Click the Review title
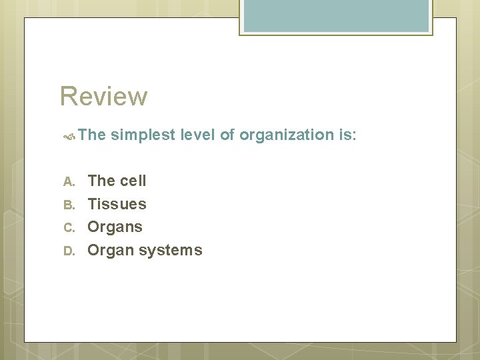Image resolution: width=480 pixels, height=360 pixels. (103, 96)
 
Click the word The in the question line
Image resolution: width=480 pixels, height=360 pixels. (92, 135)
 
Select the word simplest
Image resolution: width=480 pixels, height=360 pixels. (141, 135)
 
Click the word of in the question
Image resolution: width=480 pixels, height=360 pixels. (227, 135)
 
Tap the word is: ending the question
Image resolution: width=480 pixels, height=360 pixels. (347, 135)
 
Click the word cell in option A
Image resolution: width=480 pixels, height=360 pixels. (133, 181)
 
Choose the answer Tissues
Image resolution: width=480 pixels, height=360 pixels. (117, 204)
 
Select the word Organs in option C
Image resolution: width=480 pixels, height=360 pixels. (115, 227)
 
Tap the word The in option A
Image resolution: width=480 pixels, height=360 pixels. (101, 181)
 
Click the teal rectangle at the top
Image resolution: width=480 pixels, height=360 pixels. (335, 15)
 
